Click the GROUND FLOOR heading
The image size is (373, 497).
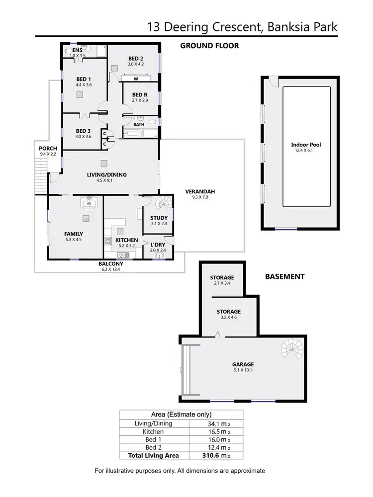[209, 46]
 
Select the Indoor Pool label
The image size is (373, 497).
[306, 145]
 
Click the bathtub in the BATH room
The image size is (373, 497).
[134, 134]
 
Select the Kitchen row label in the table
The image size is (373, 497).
[153, 431]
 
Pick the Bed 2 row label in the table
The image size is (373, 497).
[153, 447]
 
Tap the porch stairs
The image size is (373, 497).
[42, 180]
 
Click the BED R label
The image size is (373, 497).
[140, 94]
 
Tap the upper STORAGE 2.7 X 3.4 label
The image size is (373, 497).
[222, 277]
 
